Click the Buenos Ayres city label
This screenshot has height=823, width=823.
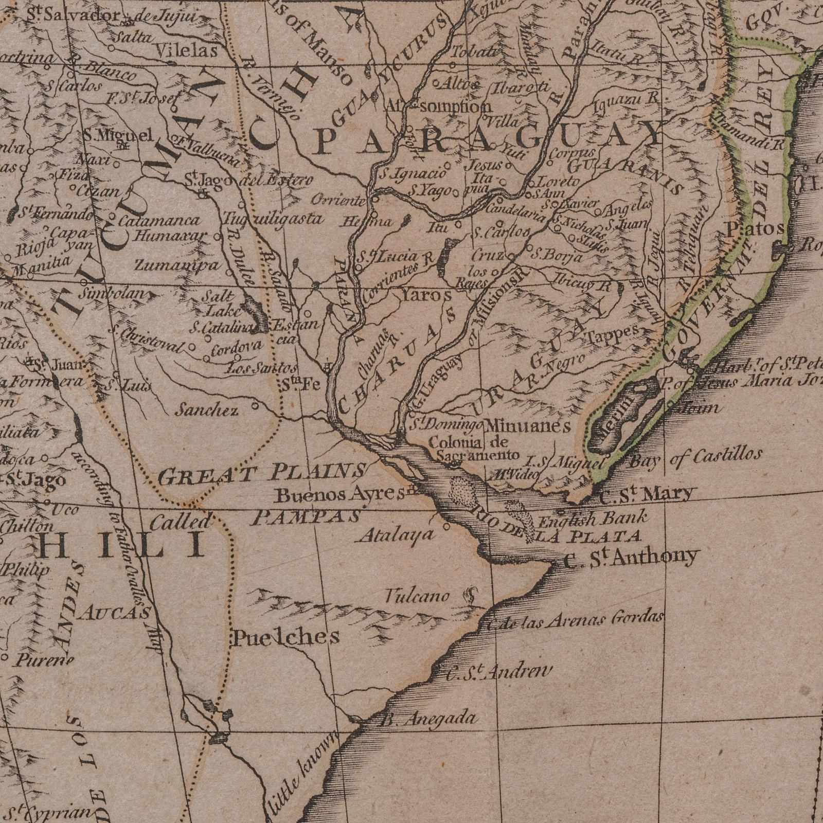[340, 495]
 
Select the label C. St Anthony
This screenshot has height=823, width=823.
[631, 558]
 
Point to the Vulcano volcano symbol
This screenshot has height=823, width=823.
[470, 596]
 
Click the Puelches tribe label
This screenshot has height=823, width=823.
[287, 637]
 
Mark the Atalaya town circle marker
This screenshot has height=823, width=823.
[446, 526]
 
